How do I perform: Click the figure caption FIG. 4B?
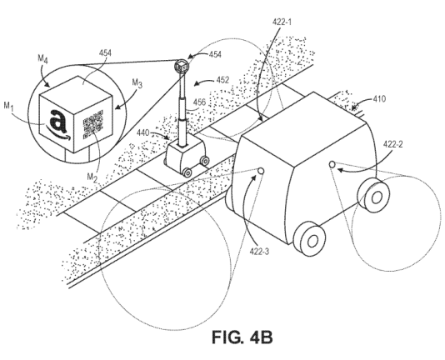click(242, 337)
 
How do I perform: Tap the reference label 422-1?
click(282, 22)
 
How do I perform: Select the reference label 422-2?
click(393, 144)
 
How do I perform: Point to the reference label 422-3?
click(259, 252)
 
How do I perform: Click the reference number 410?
click(379, 99)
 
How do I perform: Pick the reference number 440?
click(143, 132)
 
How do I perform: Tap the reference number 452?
click(222, 80)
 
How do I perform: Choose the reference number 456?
click(199, 102)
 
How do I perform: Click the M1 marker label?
click(9, 106)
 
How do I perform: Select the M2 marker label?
click(92, 177)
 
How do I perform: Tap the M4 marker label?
click(42, 59)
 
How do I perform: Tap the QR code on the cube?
click(92, 124)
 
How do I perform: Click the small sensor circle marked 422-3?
click(261, 171)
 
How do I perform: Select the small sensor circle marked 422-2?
click(332, 164)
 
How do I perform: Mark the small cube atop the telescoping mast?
click(182, 67)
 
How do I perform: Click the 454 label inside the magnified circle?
click(105, 53)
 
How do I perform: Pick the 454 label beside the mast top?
click(215, 55)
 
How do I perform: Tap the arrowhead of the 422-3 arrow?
click(255, 177)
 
